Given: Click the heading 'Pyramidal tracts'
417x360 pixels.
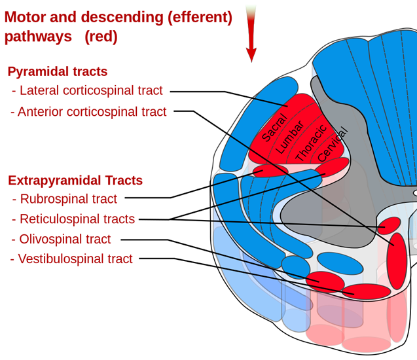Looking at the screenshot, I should (58, 72).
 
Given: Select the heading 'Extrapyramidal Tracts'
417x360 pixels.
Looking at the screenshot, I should (75, 181).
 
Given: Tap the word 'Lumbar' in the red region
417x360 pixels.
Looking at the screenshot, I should (290, 137).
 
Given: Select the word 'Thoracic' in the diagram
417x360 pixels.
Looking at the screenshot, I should (310, 143).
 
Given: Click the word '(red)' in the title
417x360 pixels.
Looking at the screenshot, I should (101, 37).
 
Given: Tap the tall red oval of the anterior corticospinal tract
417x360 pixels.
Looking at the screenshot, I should (396, 261).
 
